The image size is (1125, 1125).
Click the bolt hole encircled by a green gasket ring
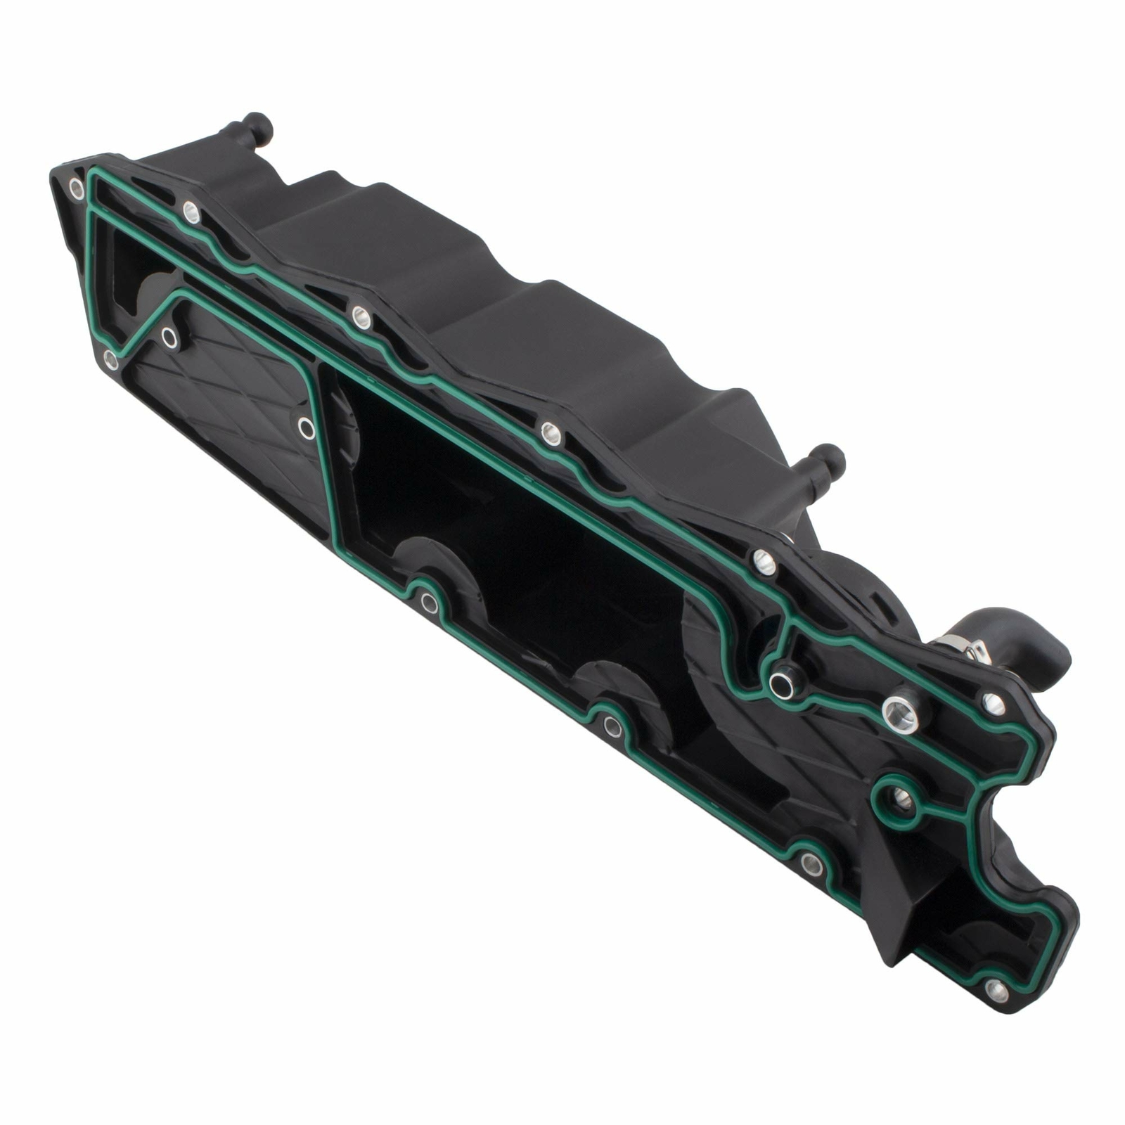coord(903,798)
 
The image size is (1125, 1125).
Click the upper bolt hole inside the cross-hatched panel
coord(169,337)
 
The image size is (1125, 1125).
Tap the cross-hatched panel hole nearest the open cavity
coord(306,427)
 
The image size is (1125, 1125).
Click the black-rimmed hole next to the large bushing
coord(781,683)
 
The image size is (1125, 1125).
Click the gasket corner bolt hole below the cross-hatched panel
coord(110,359)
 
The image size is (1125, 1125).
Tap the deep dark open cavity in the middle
coord(534,534)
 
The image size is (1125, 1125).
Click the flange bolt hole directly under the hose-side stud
coord(764,560)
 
